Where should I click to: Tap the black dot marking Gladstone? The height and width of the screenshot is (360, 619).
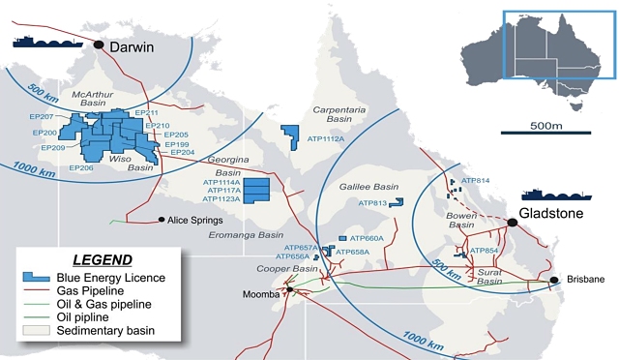pos(514,223)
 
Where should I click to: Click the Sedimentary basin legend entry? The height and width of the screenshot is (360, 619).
pos(107,331)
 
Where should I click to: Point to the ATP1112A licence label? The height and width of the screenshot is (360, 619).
pos(327,139)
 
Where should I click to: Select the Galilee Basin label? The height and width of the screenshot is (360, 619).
pos(369,187)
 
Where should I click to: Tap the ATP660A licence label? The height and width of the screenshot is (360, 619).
pos(367,238)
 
